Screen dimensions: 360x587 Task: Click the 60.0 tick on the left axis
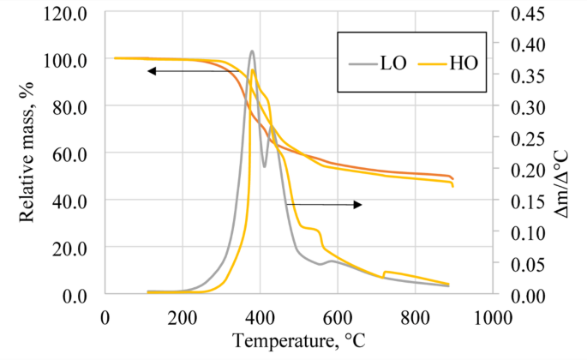(75, 153)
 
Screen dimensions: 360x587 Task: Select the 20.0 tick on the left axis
(75, 247)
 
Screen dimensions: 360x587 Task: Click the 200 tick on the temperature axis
(182, 314)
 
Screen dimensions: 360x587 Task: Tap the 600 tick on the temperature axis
(337, 314)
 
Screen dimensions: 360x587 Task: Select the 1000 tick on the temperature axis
(492, 314)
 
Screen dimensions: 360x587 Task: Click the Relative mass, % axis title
(27, 153)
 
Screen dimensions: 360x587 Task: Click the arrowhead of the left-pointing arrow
(150, 71)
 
